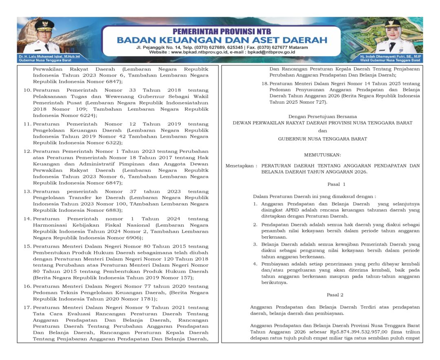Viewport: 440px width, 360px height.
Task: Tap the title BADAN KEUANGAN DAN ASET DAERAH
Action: point(222,40)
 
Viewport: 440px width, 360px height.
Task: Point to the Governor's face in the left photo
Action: point(44,33)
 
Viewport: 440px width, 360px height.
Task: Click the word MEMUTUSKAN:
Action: point(322,155)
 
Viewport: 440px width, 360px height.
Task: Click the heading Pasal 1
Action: point(336,184)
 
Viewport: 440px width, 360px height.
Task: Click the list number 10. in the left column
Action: point(27,90)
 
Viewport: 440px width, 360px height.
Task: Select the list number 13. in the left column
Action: point(27,191)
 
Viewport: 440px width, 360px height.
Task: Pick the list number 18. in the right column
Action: point(264,83)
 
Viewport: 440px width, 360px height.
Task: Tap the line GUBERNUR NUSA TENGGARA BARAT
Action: point(322,139)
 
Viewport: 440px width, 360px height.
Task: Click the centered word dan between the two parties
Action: point(322,131)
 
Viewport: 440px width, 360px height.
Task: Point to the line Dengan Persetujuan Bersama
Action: point(322,116)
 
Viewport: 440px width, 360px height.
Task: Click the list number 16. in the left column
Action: point(27,286)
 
